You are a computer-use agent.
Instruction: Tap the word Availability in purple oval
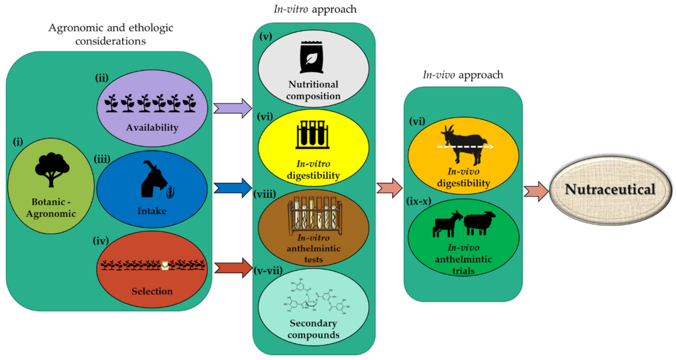[152, 128]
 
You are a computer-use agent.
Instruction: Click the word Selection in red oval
[152, 291]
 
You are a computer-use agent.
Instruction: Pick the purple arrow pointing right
[232, 108]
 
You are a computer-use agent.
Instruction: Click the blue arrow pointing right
[232, 188]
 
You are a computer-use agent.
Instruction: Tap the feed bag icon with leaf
[312, 57]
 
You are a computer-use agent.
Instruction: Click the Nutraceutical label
[610, 189]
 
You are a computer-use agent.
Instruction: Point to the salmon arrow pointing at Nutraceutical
[536, 191]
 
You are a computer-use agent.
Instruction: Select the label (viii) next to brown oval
[264, 194]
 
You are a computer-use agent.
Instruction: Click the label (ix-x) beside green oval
[418, 201]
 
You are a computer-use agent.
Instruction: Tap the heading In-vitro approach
[315, 9]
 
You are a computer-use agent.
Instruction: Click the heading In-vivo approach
[463, 75]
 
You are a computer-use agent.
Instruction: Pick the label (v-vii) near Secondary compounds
[268, 271]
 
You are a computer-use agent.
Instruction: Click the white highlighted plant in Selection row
[165, 265]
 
